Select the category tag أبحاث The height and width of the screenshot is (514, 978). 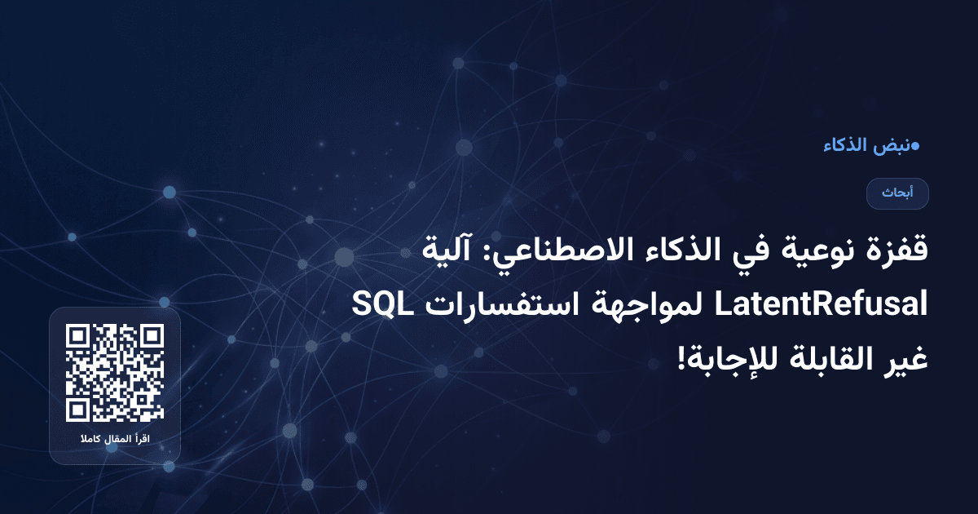[x=897, y=193]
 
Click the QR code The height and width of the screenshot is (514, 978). [x=115, y=373]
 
